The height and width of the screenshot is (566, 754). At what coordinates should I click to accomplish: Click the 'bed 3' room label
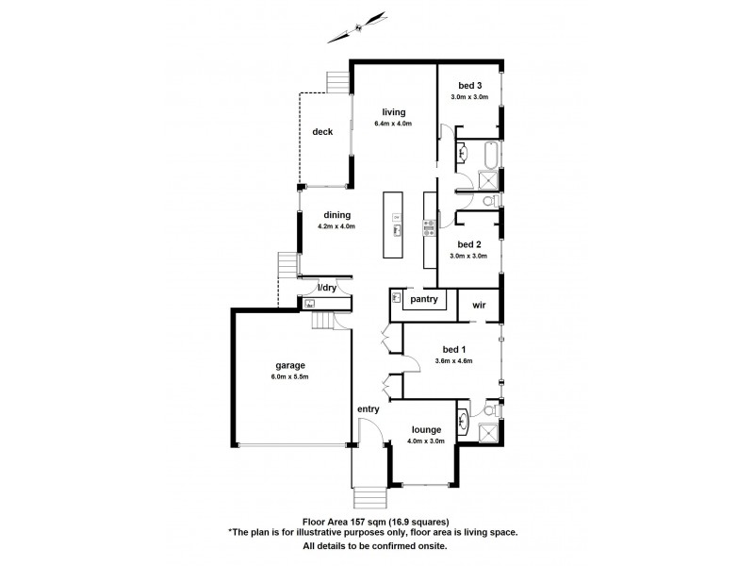[x=468, y=86]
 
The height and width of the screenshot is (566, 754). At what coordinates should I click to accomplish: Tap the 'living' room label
[x=392, y=112]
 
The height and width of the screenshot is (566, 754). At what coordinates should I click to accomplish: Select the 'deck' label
[x=323, y=131]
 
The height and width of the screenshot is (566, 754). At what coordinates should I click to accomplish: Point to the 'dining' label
[x=337, y=214]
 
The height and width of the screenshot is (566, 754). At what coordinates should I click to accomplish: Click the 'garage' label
[x=289, y=365]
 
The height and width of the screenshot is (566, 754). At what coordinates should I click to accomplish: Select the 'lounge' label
[x=427, y=429]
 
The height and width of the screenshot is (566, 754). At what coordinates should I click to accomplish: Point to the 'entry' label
[x=368, y=408]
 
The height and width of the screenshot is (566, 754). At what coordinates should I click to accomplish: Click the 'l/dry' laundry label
[x=326, y=288]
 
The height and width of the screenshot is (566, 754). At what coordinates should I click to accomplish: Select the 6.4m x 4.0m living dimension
[x=392, y=124]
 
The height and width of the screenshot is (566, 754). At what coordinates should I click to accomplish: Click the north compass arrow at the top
[x=357, y=25]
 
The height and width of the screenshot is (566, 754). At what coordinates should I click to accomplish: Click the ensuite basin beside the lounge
[x=463, y=420]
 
